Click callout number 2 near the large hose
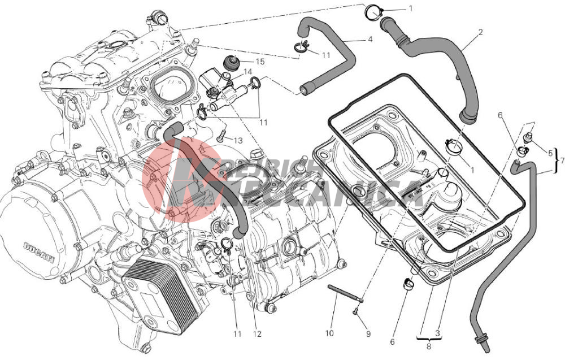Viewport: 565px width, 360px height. (480, 32)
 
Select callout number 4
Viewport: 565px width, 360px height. (370, 40)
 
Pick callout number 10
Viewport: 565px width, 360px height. (330, 334)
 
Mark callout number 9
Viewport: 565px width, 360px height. (368, 334)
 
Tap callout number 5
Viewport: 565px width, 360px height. (550, 152)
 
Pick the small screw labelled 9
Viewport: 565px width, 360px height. (355, 310)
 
